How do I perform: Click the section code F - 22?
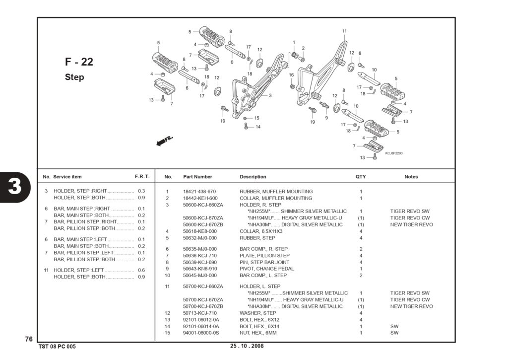pos(79,62)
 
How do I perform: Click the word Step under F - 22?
pos(74,77)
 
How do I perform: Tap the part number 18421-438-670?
pos(199,192)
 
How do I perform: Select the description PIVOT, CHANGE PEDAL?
pos(266,269)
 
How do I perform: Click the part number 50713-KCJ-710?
pos(200,313)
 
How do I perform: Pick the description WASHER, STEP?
pos(257,313)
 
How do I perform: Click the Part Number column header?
pos(197,177)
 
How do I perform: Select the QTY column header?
pos(361,177)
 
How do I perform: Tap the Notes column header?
pos(411,177)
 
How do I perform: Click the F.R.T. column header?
pos(142,177)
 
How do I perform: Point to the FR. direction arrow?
pos(165,141)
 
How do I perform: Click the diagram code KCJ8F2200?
pos(394,153)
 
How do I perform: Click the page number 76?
pos(29,339)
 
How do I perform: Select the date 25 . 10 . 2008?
pos(247,346)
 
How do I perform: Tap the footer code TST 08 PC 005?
pos(57,347)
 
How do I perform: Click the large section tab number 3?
pos(15,187)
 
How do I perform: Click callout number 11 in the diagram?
pos(344,31)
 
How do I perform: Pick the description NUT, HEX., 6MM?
pos(258,333)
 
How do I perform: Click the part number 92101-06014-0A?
pos(201,326)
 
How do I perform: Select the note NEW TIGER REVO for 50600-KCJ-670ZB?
pos(411,224)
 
